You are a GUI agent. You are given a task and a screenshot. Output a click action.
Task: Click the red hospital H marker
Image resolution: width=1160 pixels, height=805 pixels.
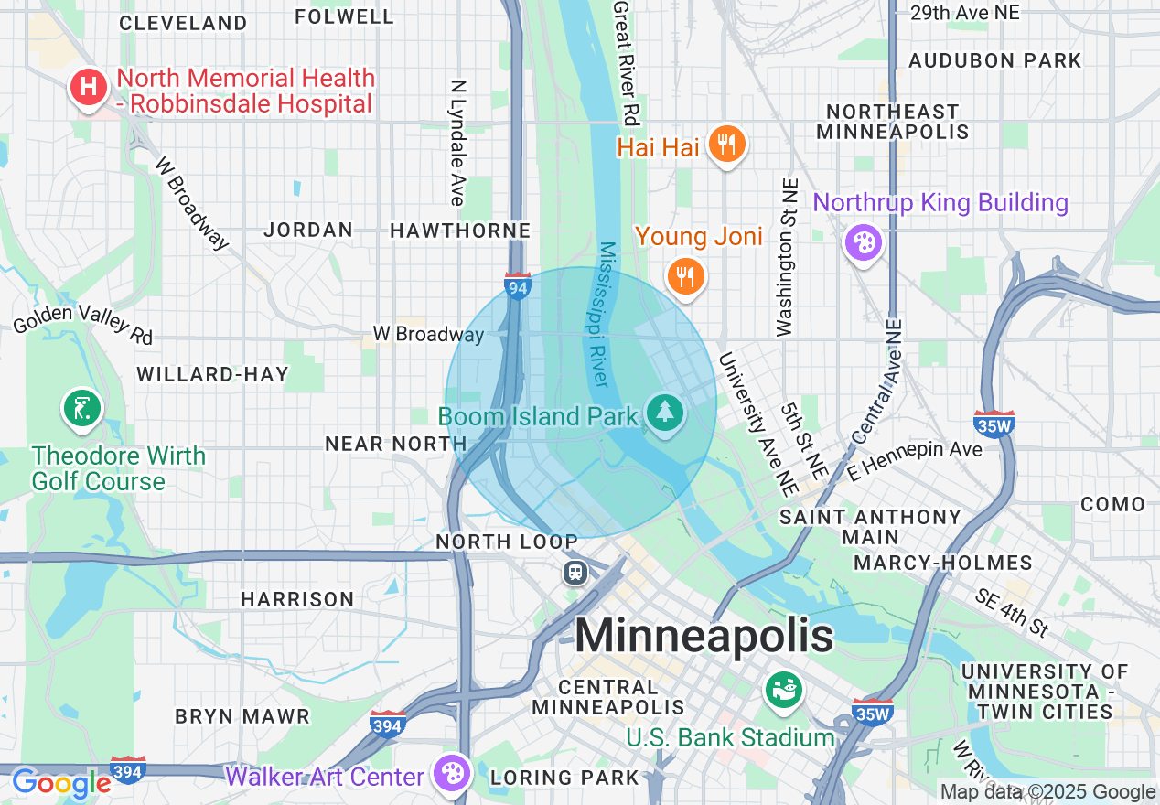click(89, 88)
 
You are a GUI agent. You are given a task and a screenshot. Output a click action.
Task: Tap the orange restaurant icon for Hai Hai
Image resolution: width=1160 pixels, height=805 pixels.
click(727, 145)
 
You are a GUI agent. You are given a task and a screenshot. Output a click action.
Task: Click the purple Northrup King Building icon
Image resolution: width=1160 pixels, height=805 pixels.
click(863, 242)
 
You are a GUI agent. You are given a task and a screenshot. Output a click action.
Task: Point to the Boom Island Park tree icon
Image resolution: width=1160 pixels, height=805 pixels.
click(664, 413)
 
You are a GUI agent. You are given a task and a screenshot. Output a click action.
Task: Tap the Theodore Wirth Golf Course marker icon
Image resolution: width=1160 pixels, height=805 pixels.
click(82, 409)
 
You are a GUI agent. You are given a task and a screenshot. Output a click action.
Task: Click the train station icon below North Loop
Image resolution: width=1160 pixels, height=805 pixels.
click(575, 573)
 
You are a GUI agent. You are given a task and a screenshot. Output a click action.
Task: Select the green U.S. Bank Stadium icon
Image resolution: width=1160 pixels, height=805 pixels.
click(784, 690)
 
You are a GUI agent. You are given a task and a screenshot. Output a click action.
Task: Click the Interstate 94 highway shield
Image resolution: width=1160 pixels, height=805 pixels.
click(517, 287)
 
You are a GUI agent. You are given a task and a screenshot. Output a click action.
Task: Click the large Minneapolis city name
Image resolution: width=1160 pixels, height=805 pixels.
click(704, 635)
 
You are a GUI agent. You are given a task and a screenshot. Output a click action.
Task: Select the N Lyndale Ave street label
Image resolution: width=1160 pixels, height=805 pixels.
click(458, 142)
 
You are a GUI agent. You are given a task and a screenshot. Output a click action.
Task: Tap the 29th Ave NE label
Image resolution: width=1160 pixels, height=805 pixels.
click(965, 13)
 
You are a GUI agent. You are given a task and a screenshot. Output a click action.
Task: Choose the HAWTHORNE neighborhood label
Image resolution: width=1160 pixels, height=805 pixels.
click(460, 231)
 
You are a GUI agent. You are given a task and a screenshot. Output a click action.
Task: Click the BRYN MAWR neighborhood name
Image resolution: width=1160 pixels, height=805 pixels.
click(242, 715)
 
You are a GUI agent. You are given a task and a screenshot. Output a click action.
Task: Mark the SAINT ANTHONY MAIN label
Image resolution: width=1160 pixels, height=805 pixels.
click(870, 527)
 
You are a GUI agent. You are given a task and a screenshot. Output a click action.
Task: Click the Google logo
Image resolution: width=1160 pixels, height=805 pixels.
click(61, 783)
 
